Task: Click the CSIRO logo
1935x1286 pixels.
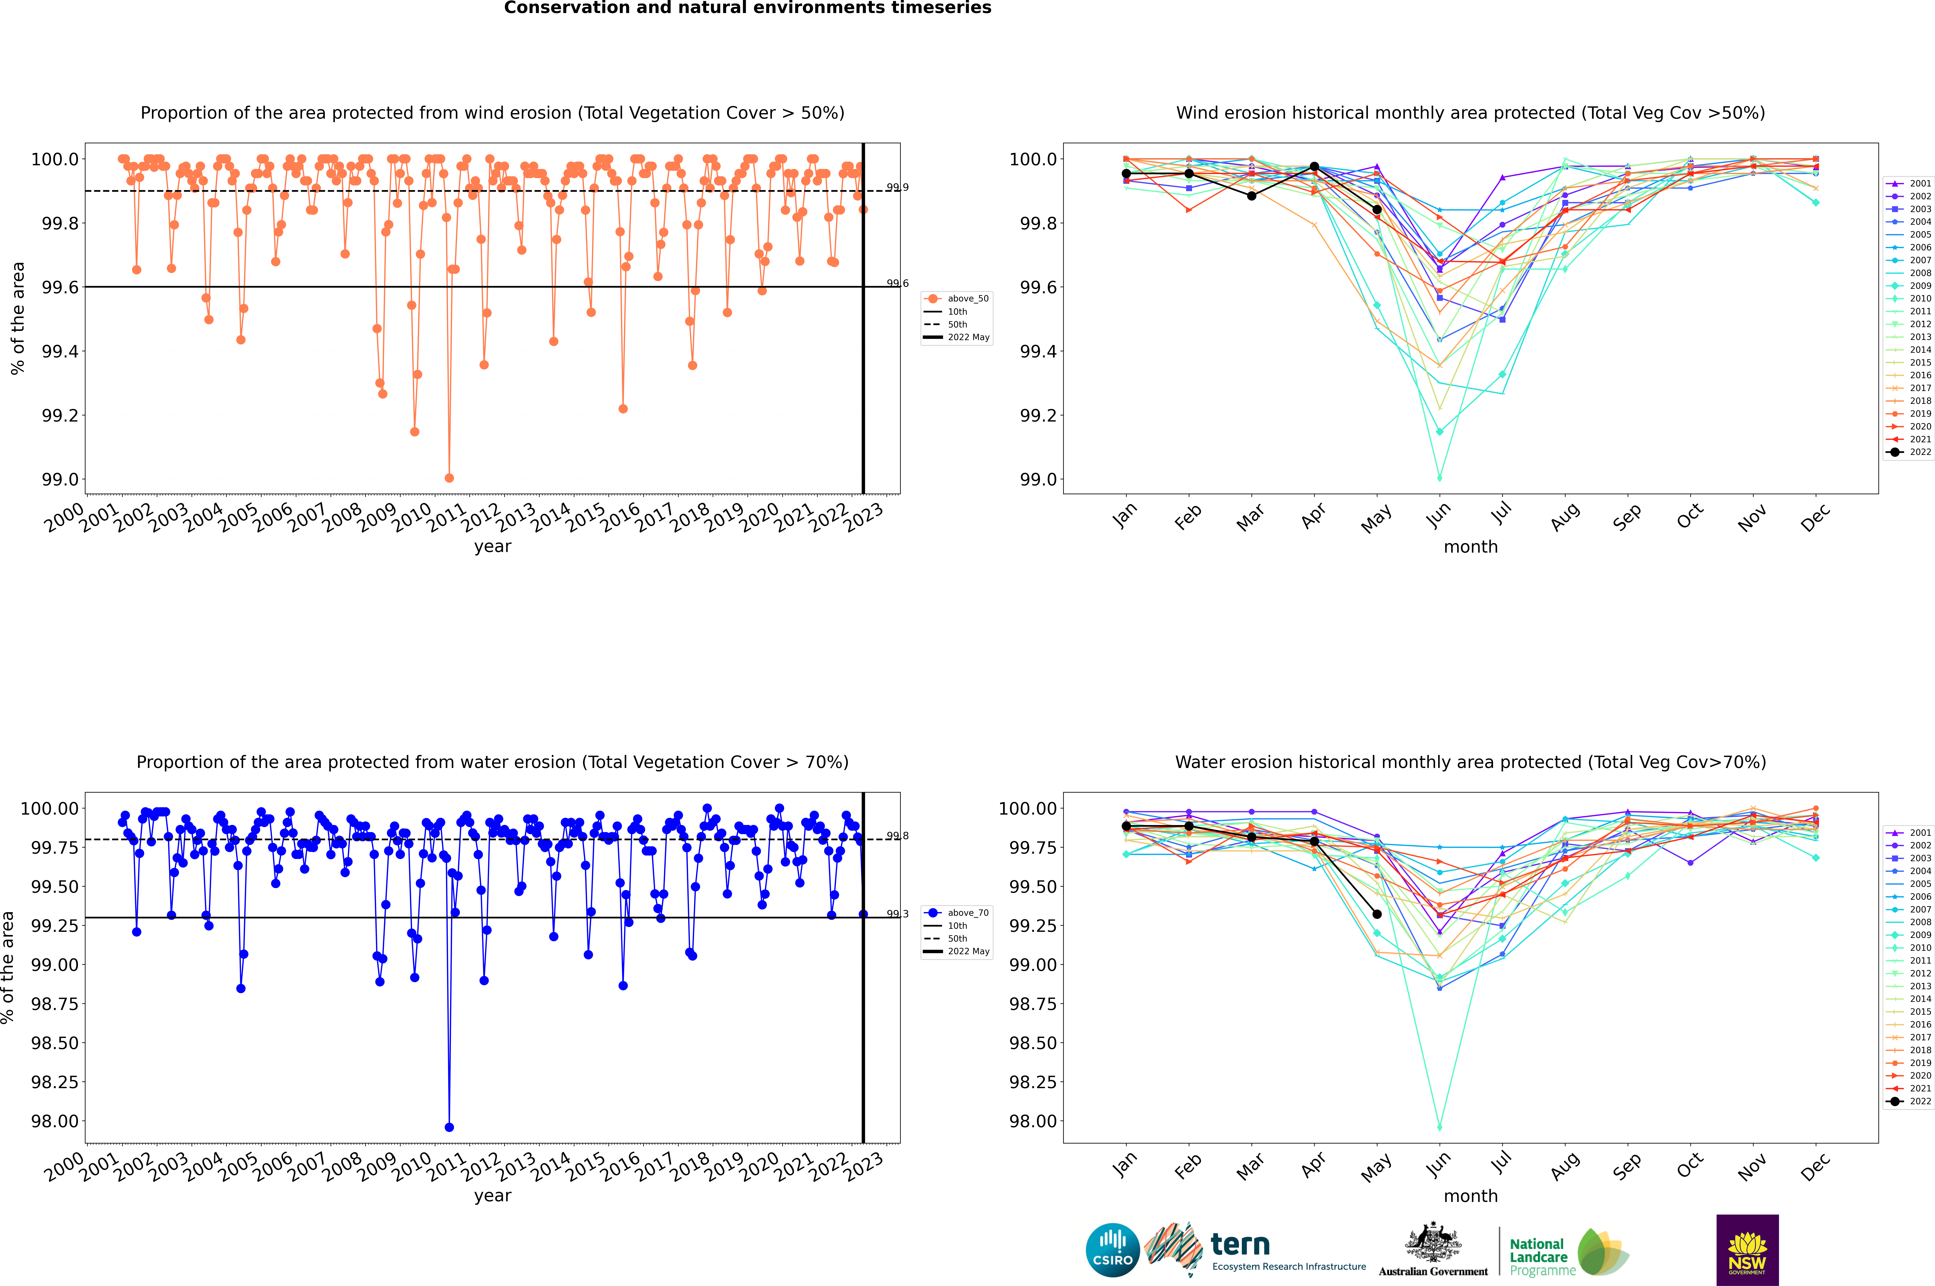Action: coord(1112,1250)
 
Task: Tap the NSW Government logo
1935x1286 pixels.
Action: coord(1747,1250)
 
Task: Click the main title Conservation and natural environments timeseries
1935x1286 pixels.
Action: coord(747,8)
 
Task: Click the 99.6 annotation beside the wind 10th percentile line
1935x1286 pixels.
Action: coord(897,283)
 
